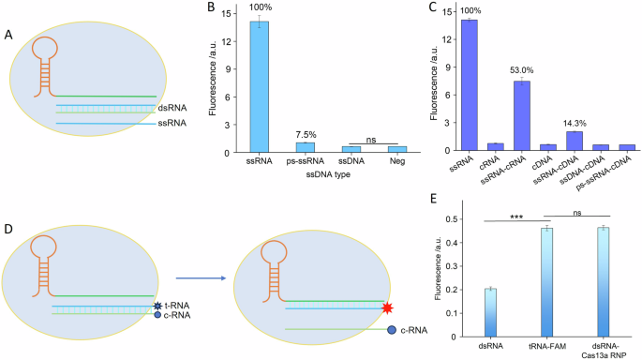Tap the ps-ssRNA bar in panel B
tap(306, 147)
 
